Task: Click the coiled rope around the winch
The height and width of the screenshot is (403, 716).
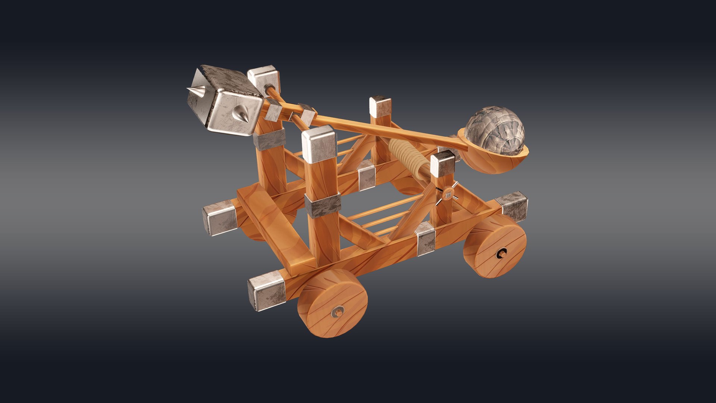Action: click(x=406, y=155)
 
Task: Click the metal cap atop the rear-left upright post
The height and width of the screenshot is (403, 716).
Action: click(x=264, y=79)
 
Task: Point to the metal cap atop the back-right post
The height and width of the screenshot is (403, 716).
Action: click(x=380, y=106)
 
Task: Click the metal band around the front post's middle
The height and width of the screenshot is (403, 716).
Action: click(x=323, y=206)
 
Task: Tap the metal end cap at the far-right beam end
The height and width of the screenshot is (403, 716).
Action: click(x=514, y=206)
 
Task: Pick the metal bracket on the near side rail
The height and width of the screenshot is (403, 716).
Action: click(x=425, y=238)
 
